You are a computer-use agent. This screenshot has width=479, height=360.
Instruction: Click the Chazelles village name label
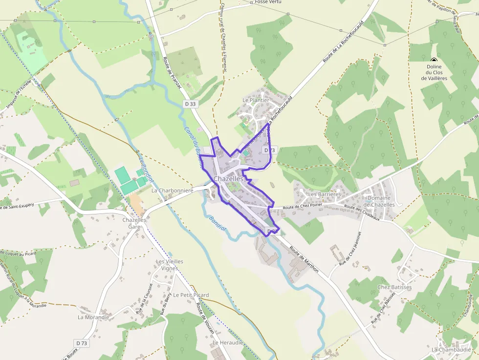click(228, 179)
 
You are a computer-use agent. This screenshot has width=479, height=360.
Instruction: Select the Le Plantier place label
click(256, 100)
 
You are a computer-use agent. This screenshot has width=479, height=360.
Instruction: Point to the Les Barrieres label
click(324, 194)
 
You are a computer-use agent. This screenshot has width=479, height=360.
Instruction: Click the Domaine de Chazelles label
click(381, 201)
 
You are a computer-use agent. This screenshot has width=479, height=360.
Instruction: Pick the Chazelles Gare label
click(134, 223)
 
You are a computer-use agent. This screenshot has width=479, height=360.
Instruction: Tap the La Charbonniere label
click(173, 190)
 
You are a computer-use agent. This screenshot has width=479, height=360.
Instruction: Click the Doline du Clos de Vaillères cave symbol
click(434, 60)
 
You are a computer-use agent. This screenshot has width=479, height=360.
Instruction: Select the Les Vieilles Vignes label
click(170, 265)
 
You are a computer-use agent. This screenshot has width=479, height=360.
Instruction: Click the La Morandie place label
click(93, 317)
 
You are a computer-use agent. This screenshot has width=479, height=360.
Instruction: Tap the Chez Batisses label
click(394, 287)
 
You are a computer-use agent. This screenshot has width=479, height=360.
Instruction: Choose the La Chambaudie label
click(451, 350)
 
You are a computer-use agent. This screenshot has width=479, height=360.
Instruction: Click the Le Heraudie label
click(227, 343)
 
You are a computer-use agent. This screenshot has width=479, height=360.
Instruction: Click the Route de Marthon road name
click(304, 259)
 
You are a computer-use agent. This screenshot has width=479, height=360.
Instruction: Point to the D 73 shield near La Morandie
click(82, 343)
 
